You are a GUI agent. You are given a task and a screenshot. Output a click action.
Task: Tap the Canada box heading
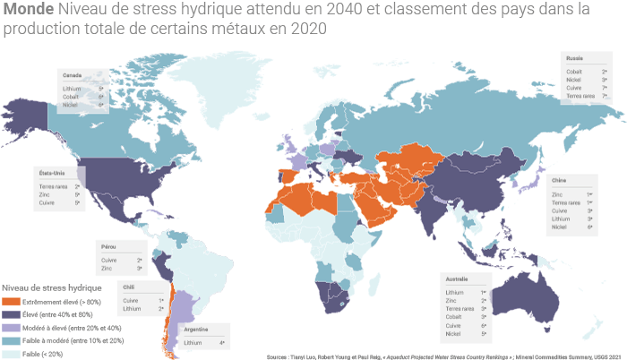click(x=73, y=75)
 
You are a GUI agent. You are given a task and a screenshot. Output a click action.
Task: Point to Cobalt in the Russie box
click(x=575, y=71)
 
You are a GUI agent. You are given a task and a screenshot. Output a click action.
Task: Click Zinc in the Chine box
click(x=557, y=193)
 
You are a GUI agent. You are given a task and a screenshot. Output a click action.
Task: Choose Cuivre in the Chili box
click(x=131, y=300)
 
